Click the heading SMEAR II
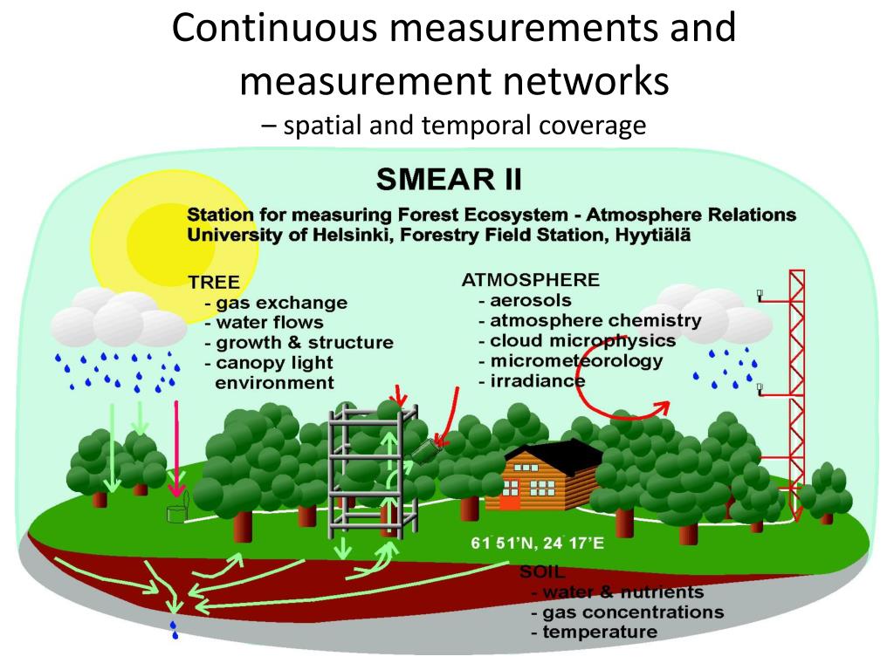pyautogui.click(x=449, y=180)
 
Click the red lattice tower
pyautogui.click(x=795, y=384)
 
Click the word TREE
pyautogui.click(x=213, y=282)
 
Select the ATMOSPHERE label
pyautogui.click(x=530, y=280)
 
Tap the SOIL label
pyautogui.click(x=543, y=572)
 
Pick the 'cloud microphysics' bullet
pyautogui.click(x=582, y=340)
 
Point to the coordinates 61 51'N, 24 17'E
pyautogui.click(x=537, y=544)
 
